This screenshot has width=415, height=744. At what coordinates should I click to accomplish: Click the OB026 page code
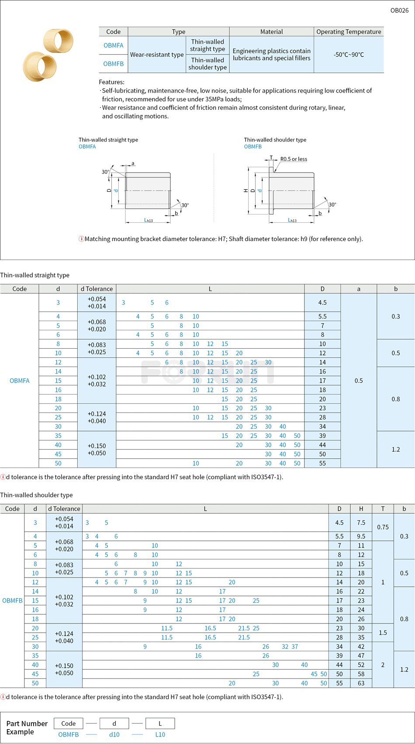click(x=399, y=10)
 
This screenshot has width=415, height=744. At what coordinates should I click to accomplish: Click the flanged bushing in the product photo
click(x=39, y=67)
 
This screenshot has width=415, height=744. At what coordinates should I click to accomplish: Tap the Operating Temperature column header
click(x=349, y=31)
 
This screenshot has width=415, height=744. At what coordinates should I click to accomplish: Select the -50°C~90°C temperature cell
click(x=349, y=55)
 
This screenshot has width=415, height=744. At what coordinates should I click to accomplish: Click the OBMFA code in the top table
click(x=114, y=45)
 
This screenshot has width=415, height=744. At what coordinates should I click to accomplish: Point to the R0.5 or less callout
click(x=294, y=159)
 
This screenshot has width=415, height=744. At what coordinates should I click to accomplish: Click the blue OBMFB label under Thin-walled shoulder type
click(x=253, y=147)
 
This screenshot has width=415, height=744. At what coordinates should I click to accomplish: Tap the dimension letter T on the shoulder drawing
click(x=271, y=157)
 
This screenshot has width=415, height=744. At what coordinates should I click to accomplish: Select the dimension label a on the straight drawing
click(x=133, y=163)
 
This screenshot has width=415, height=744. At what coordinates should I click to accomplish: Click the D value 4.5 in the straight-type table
click(x=322, y=302)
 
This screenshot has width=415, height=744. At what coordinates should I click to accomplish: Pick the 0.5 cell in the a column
click(x=359, y=381)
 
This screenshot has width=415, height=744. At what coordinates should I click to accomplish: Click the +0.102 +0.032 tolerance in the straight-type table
click(x=97, y=381)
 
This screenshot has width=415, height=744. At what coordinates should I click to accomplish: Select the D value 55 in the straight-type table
click(x=322, y=463)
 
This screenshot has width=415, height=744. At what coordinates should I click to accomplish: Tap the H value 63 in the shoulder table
click(x=361, y=683)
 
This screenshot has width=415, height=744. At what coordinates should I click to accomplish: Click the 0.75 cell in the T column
click(x=383, y=527)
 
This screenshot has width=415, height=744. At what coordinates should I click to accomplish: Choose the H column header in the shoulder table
click(x=361, y=509)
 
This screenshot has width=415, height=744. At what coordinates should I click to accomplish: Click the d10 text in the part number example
click(x=114, y=734)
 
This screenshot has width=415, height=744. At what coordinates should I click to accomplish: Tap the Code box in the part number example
click(x=69, y=723)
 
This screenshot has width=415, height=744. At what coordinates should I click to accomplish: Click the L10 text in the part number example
click(x=160, y=734)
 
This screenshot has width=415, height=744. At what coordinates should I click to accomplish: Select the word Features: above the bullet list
click(x=111, y=82)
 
